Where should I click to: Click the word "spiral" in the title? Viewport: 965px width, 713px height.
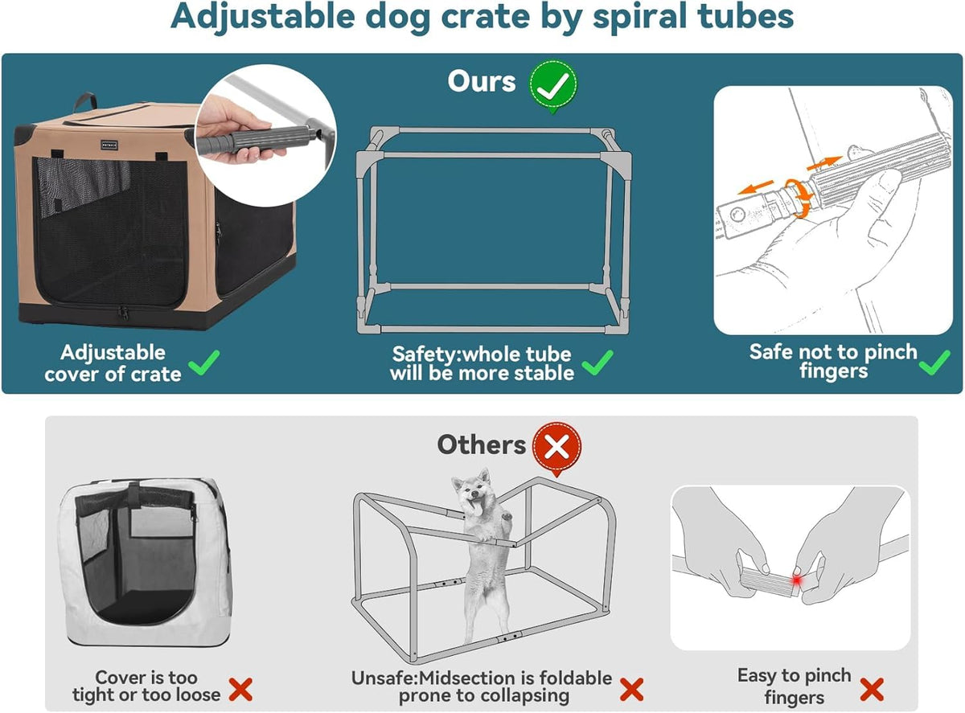pyautogui.click(x=640, y=18)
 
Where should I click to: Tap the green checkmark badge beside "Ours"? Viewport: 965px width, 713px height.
pyautogui.click(x=553, y=85)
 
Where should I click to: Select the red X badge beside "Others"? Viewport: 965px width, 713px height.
pyautogui.click(x=557, y=447)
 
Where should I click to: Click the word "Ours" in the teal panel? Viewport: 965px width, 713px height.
pyautogui.click(x=481, y=81)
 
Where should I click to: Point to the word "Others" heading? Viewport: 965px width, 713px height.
pyautogui.click(x=481, y=445)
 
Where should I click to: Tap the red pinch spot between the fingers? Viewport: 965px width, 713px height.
pyautogui.click(x=796, y=580)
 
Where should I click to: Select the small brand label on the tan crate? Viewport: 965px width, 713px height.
pyautogui.click(x=109, y=145)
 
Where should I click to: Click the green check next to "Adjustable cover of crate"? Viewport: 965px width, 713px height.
pyautogui.click(x=204, y=363)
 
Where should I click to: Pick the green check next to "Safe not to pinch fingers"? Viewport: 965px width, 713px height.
pyautogui.click(x=934, y=363)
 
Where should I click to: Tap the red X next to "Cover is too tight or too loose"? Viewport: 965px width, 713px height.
pyautogui.click(x=240, y=689)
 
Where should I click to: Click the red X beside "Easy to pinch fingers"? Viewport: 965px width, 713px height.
pyautogui.click(x=872, y=689)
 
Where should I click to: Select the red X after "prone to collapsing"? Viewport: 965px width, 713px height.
pyautogui.click(x=631, y=689)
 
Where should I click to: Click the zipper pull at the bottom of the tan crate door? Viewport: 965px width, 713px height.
pyautogui.click(x=123, y=313)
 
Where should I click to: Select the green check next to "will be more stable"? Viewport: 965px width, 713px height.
pyautogui.click(x=597, y=363)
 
